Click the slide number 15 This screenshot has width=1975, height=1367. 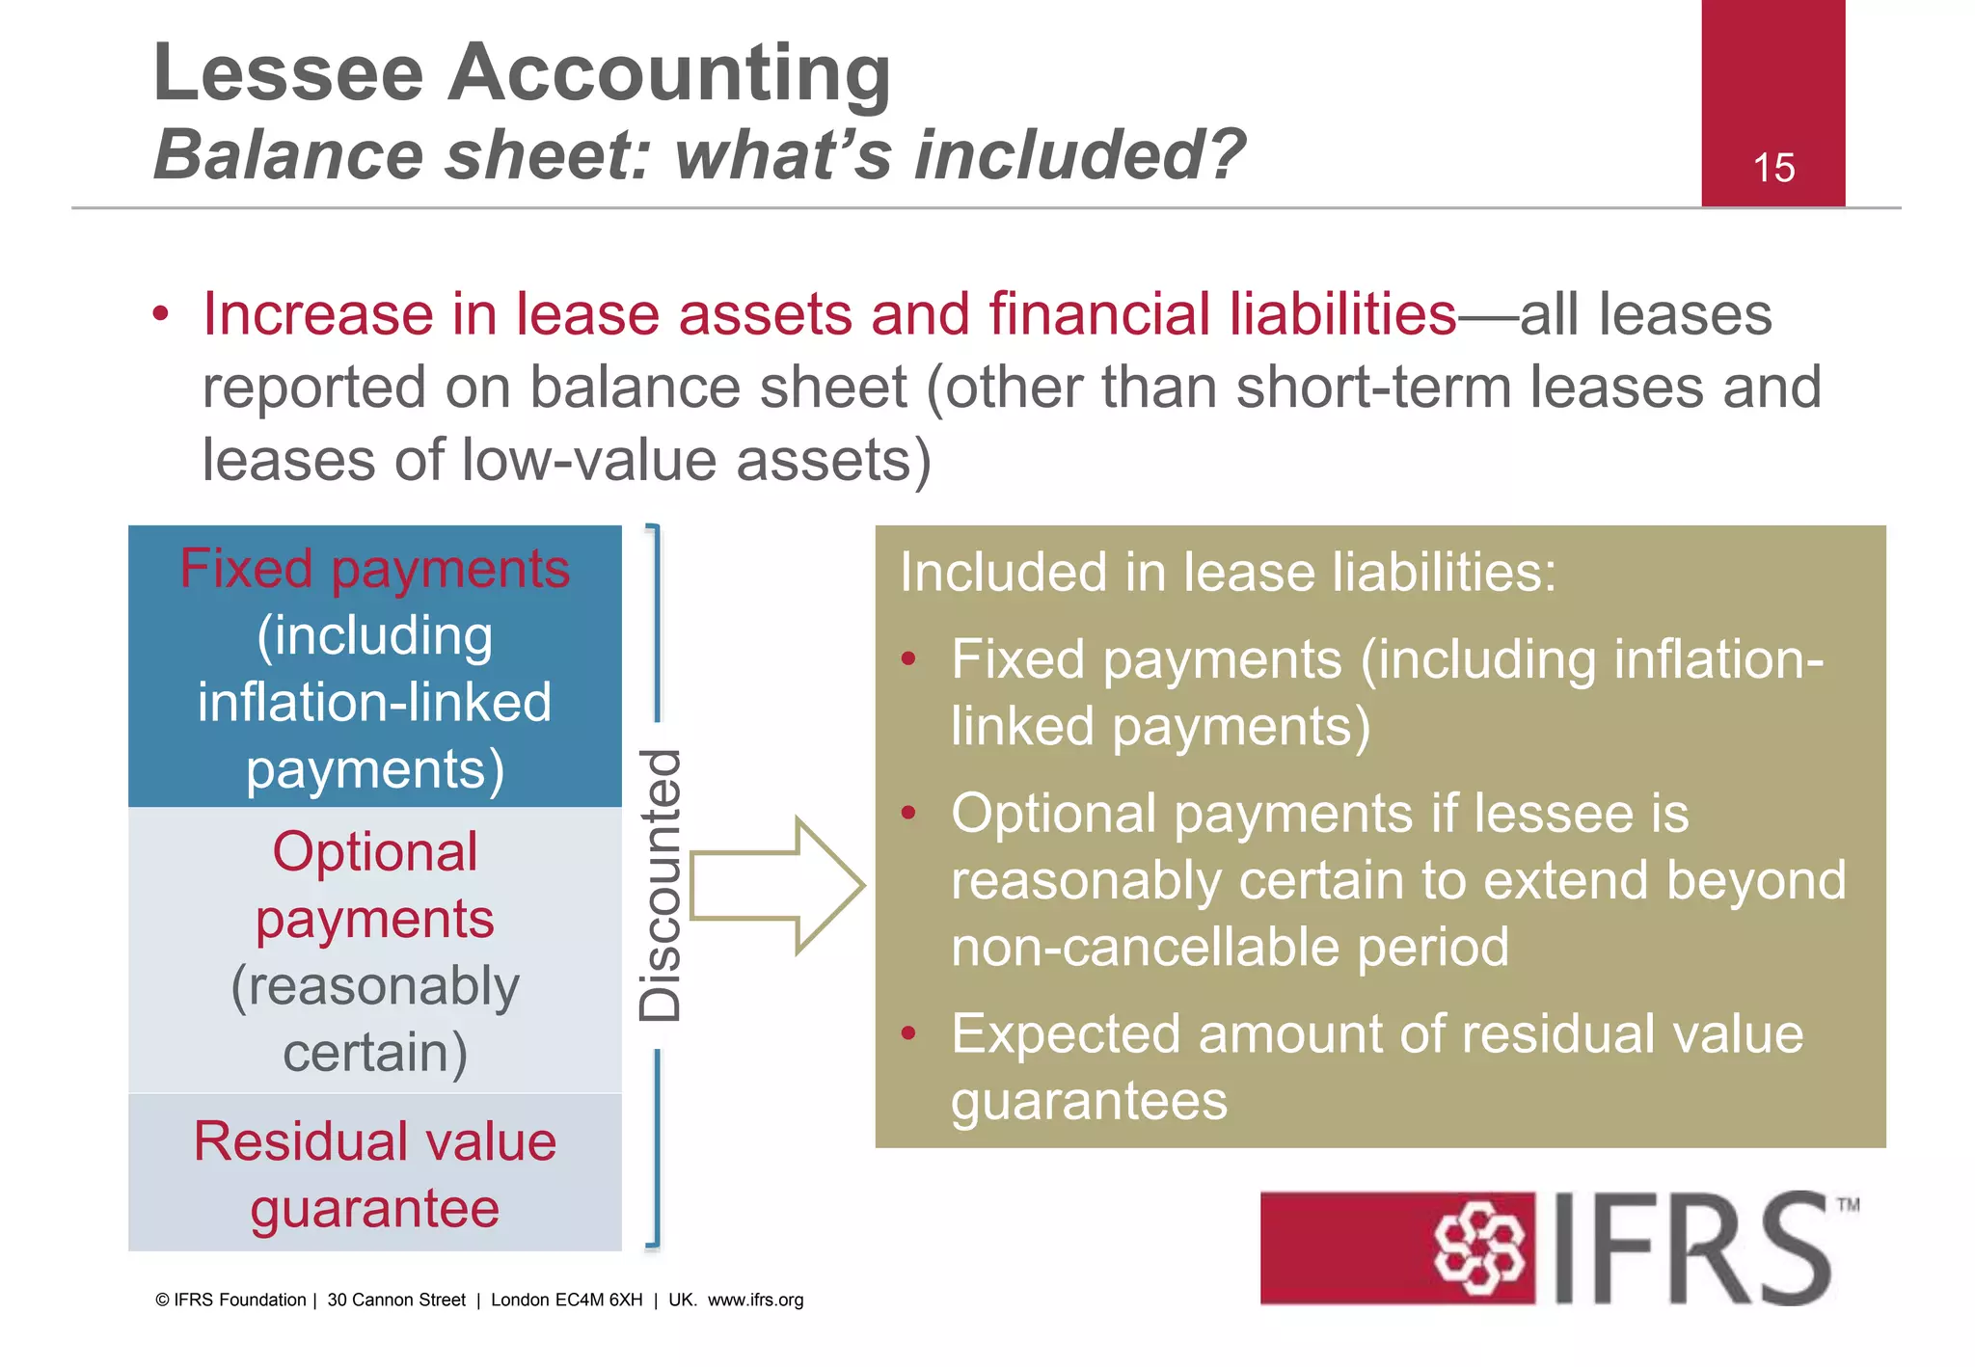1772,168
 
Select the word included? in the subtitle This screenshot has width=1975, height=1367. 1079,154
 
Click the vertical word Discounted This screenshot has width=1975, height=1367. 662,885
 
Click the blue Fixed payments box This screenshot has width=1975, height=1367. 375,666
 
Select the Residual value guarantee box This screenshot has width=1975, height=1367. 375,1173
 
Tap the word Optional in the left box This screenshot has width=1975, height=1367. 375,852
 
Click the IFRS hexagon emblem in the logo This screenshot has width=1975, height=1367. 1480,1248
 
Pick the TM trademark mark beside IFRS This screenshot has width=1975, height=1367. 1848,1205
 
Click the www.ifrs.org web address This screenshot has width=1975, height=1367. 755,1300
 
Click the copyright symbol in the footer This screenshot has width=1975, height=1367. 162,1300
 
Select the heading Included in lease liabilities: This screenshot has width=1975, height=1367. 1228,572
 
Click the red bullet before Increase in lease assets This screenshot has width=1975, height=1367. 160,315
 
